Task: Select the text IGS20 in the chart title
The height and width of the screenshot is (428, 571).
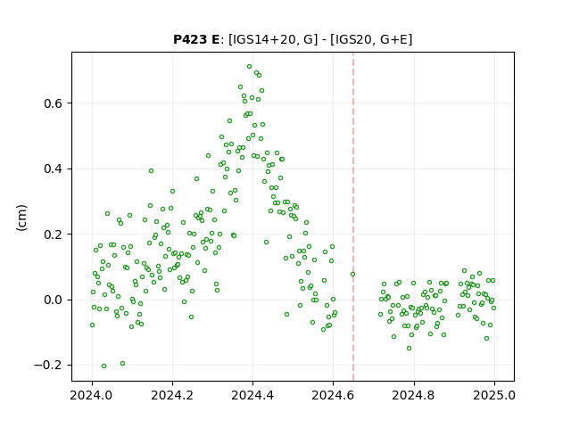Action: coord(351,39)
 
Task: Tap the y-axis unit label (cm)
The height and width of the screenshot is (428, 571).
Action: coord(21,218)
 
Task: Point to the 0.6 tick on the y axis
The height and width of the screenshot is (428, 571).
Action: coord(54,103)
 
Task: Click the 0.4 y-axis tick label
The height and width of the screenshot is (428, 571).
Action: coord(54,169)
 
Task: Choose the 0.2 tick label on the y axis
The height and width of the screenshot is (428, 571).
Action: coord(54,235)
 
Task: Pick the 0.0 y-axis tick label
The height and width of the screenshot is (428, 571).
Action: coord(54,300)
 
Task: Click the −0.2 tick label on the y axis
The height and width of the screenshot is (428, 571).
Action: coord(48,365)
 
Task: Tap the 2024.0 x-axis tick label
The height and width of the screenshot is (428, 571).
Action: coord(92,395)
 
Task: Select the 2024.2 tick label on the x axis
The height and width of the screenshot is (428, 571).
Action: coord(172,395)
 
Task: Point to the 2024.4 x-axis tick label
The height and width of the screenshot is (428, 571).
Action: coord(252,395)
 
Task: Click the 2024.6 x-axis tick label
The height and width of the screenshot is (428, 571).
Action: coord(333,395)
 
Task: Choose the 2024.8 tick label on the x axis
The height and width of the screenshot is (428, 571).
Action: coord(413,395)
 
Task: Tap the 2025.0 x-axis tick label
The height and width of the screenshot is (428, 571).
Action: coord(494,395)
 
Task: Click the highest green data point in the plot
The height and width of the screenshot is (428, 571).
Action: coord(250,67)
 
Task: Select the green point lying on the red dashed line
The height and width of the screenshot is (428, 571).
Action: coord(353,274)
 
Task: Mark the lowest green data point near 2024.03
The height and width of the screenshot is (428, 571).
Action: coord(103,366)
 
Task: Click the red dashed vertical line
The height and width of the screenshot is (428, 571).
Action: coord(353,217)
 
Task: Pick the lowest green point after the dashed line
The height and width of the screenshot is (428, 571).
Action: coord(410,349)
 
